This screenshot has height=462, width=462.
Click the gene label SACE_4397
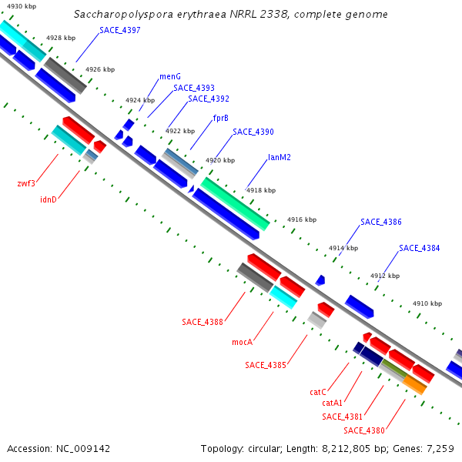[120, 30]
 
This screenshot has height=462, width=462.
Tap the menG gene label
[170, 76]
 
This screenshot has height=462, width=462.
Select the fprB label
[221, 118]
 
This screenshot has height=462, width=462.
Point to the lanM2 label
[280, 157]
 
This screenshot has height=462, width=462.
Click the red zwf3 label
[26, 183]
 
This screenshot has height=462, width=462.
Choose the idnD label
[49, 199]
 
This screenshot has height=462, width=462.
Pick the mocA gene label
[243, 342]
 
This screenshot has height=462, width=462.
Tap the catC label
[318, 392]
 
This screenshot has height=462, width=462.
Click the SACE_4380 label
[364, 430]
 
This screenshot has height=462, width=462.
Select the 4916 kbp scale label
[302, 219]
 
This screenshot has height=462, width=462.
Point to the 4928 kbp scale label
[61, 38]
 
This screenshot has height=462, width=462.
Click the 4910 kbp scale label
[427, 303]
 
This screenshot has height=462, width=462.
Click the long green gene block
[235, 204]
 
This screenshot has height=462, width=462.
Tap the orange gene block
[415, 384]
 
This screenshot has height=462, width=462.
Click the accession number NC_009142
[83, 449]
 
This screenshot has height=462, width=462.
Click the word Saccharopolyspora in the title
[123, 15]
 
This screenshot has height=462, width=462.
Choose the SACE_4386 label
[381, 222]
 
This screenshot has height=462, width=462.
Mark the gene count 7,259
[440, 449]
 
